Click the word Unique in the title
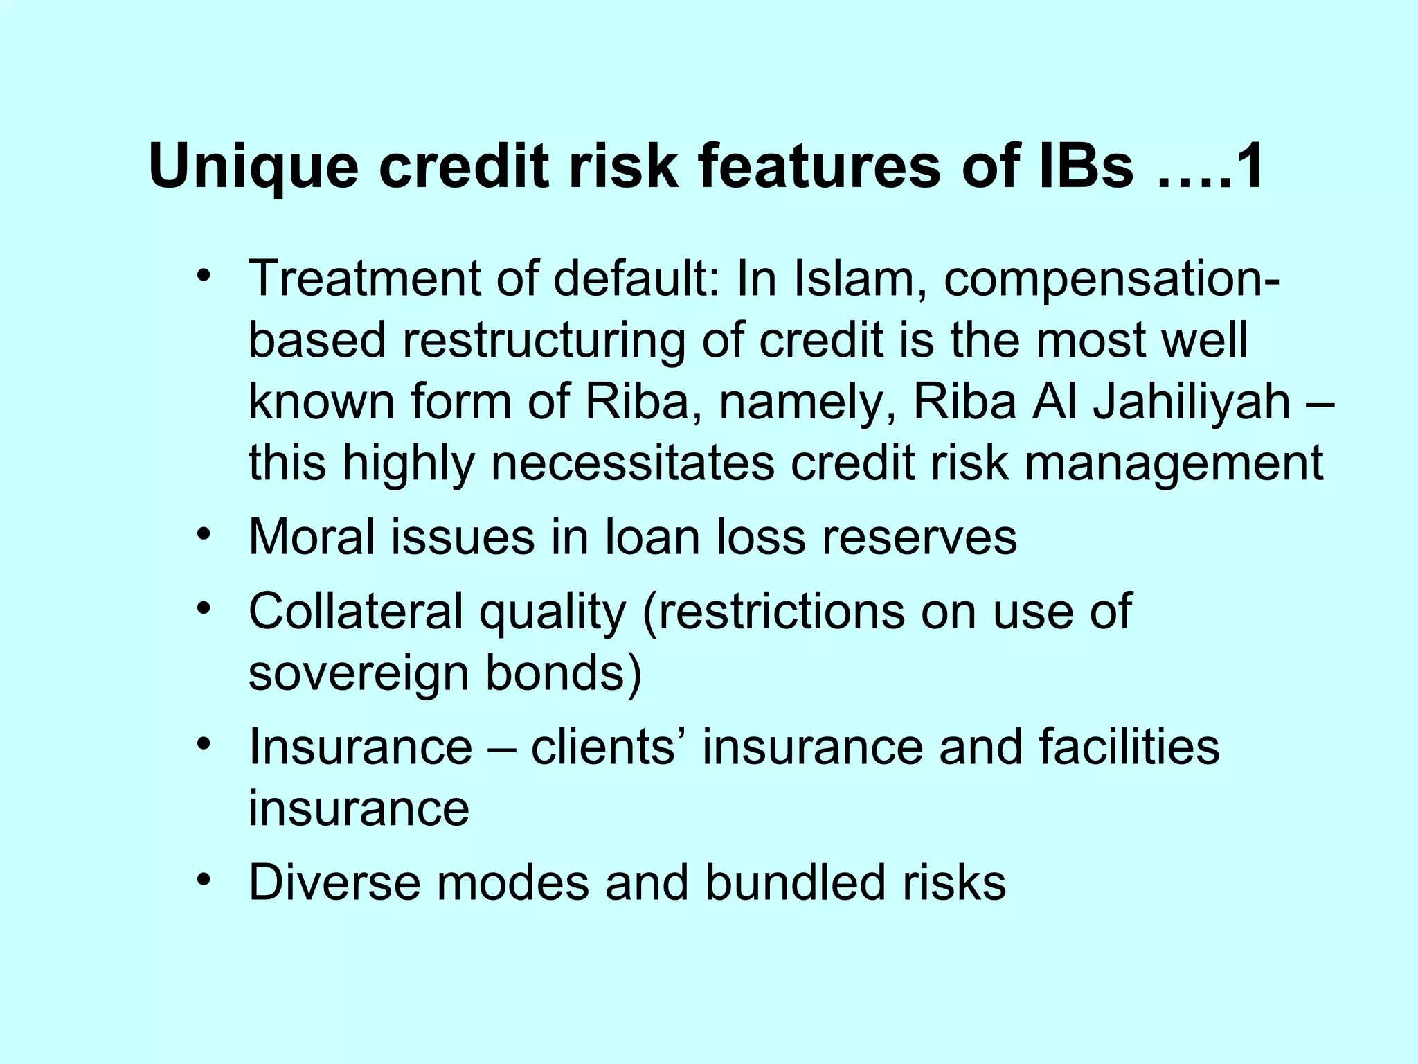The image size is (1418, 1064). tap(253, 169)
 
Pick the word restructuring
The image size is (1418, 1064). tap(544, 341)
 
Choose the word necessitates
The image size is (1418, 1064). tap(632, 463)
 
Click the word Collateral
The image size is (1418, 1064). tap(354, 611)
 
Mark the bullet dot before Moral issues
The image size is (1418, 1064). tap(203, 534)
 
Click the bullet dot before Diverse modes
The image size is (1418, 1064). tap(203, 880)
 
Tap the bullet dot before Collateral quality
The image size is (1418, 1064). tap(203, 608)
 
